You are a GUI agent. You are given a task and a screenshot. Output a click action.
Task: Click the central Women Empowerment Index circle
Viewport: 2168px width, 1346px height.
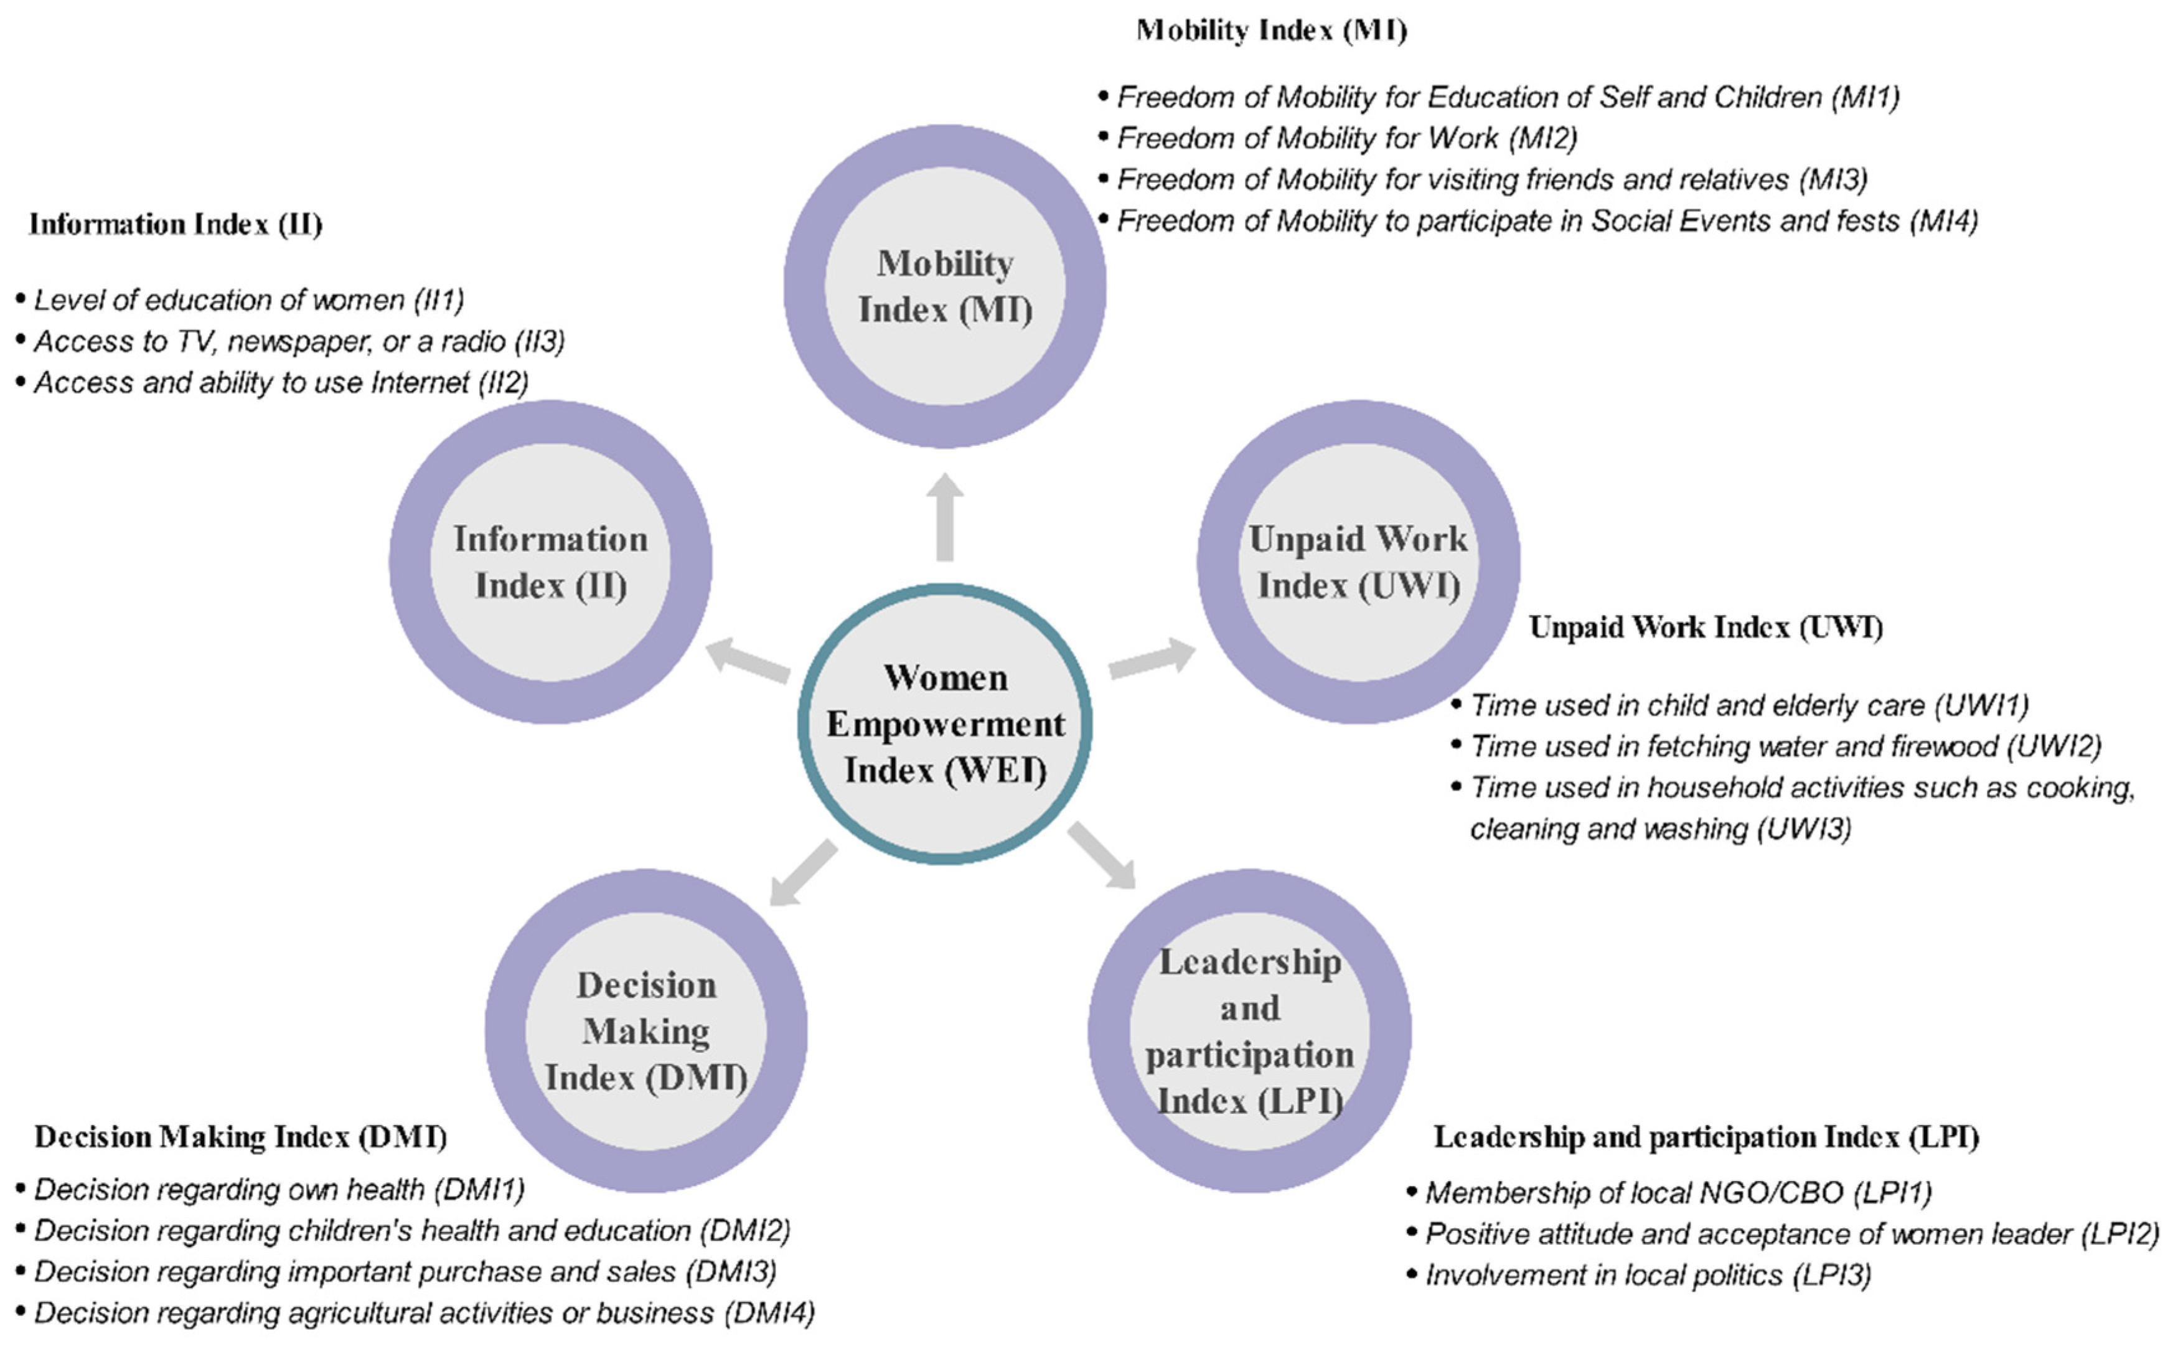pyautogui.click(x=945, y=724)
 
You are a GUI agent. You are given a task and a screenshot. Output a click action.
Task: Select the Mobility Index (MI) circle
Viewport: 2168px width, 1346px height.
pyautogui.click(x=945, y=286)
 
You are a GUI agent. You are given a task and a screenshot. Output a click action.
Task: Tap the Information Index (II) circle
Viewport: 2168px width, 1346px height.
pyautogui.click(x=550, y=562)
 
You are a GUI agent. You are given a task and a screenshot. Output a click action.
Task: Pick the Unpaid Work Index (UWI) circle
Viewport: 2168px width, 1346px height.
pyautogui.click(x=1358, y=562)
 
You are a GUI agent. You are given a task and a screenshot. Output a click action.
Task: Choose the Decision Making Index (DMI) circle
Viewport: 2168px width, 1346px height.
pyautogui.click(x=646, y=1031)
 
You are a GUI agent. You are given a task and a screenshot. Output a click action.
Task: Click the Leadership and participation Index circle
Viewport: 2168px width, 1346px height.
pyautogui.click(x=1249, y=1031)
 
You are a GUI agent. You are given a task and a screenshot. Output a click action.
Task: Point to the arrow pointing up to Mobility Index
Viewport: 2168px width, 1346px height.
pyautogui.click(x=945, y=517)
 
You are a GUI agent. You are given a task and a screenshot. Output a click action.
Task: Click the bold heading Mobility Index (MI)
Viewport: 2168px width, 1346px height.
pyautogui.click(x=1272, y=31)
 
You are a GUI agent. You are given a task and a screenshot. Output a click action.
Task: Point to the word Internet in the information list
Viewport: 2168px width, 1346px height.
pyautogui.click(x=420, y=383)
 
